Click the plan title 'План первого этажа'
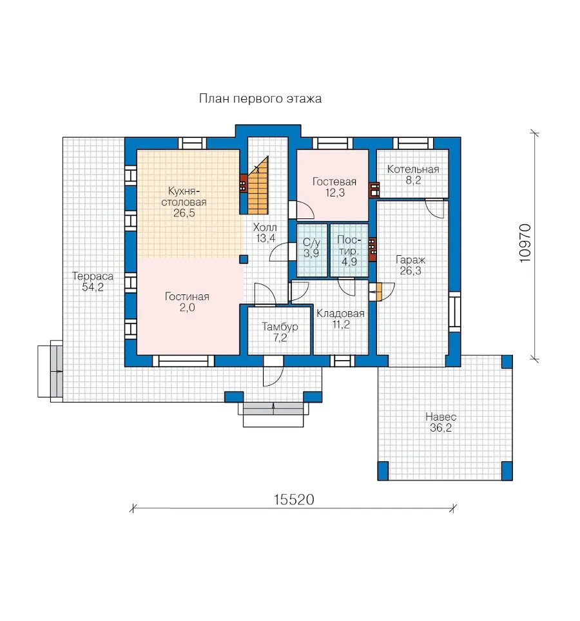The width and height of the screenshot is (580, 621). click(260, 99)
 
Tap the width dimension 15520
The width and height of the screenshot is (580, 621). click(294, 500)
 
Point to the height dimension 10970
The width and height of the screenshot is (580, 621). click(525, 243)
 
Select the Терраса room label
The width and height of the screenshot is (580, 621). click(93, 276)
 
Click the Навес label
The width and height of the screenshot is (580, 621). click(441, 417)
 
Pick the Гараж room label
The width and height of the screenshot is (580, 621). click(411, 260)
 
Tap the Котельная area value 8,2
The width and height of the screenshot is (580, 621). click(413, 180)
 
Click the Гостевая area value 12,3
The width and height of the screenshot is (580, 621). click(334, 193)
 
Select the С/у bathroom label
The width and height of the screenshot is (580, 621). click(311, 242)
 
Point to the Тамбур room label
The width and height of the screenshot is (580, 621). click(280, 327)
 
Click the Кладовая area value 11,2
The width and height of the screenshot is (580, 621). click(341, 325)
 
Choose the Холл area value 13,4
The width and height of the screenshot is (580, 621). click(265, 238)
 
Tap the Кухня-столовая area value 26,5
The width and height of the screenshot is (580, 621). click(184, 213)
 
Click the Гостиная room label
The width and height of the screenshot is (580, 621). click(187, 296)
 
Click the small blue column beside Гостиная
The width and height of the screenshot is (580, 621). click(244, 260)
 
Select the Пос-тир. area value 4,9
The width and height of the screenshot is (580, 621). click(349, 262)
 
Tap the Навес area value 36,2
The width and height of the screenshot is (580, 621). click(441, 428)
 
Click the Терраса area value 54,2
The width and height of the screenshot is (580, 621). click(93, 287)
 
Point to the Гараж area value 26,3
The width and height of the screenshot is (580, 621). click(411, 271)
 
